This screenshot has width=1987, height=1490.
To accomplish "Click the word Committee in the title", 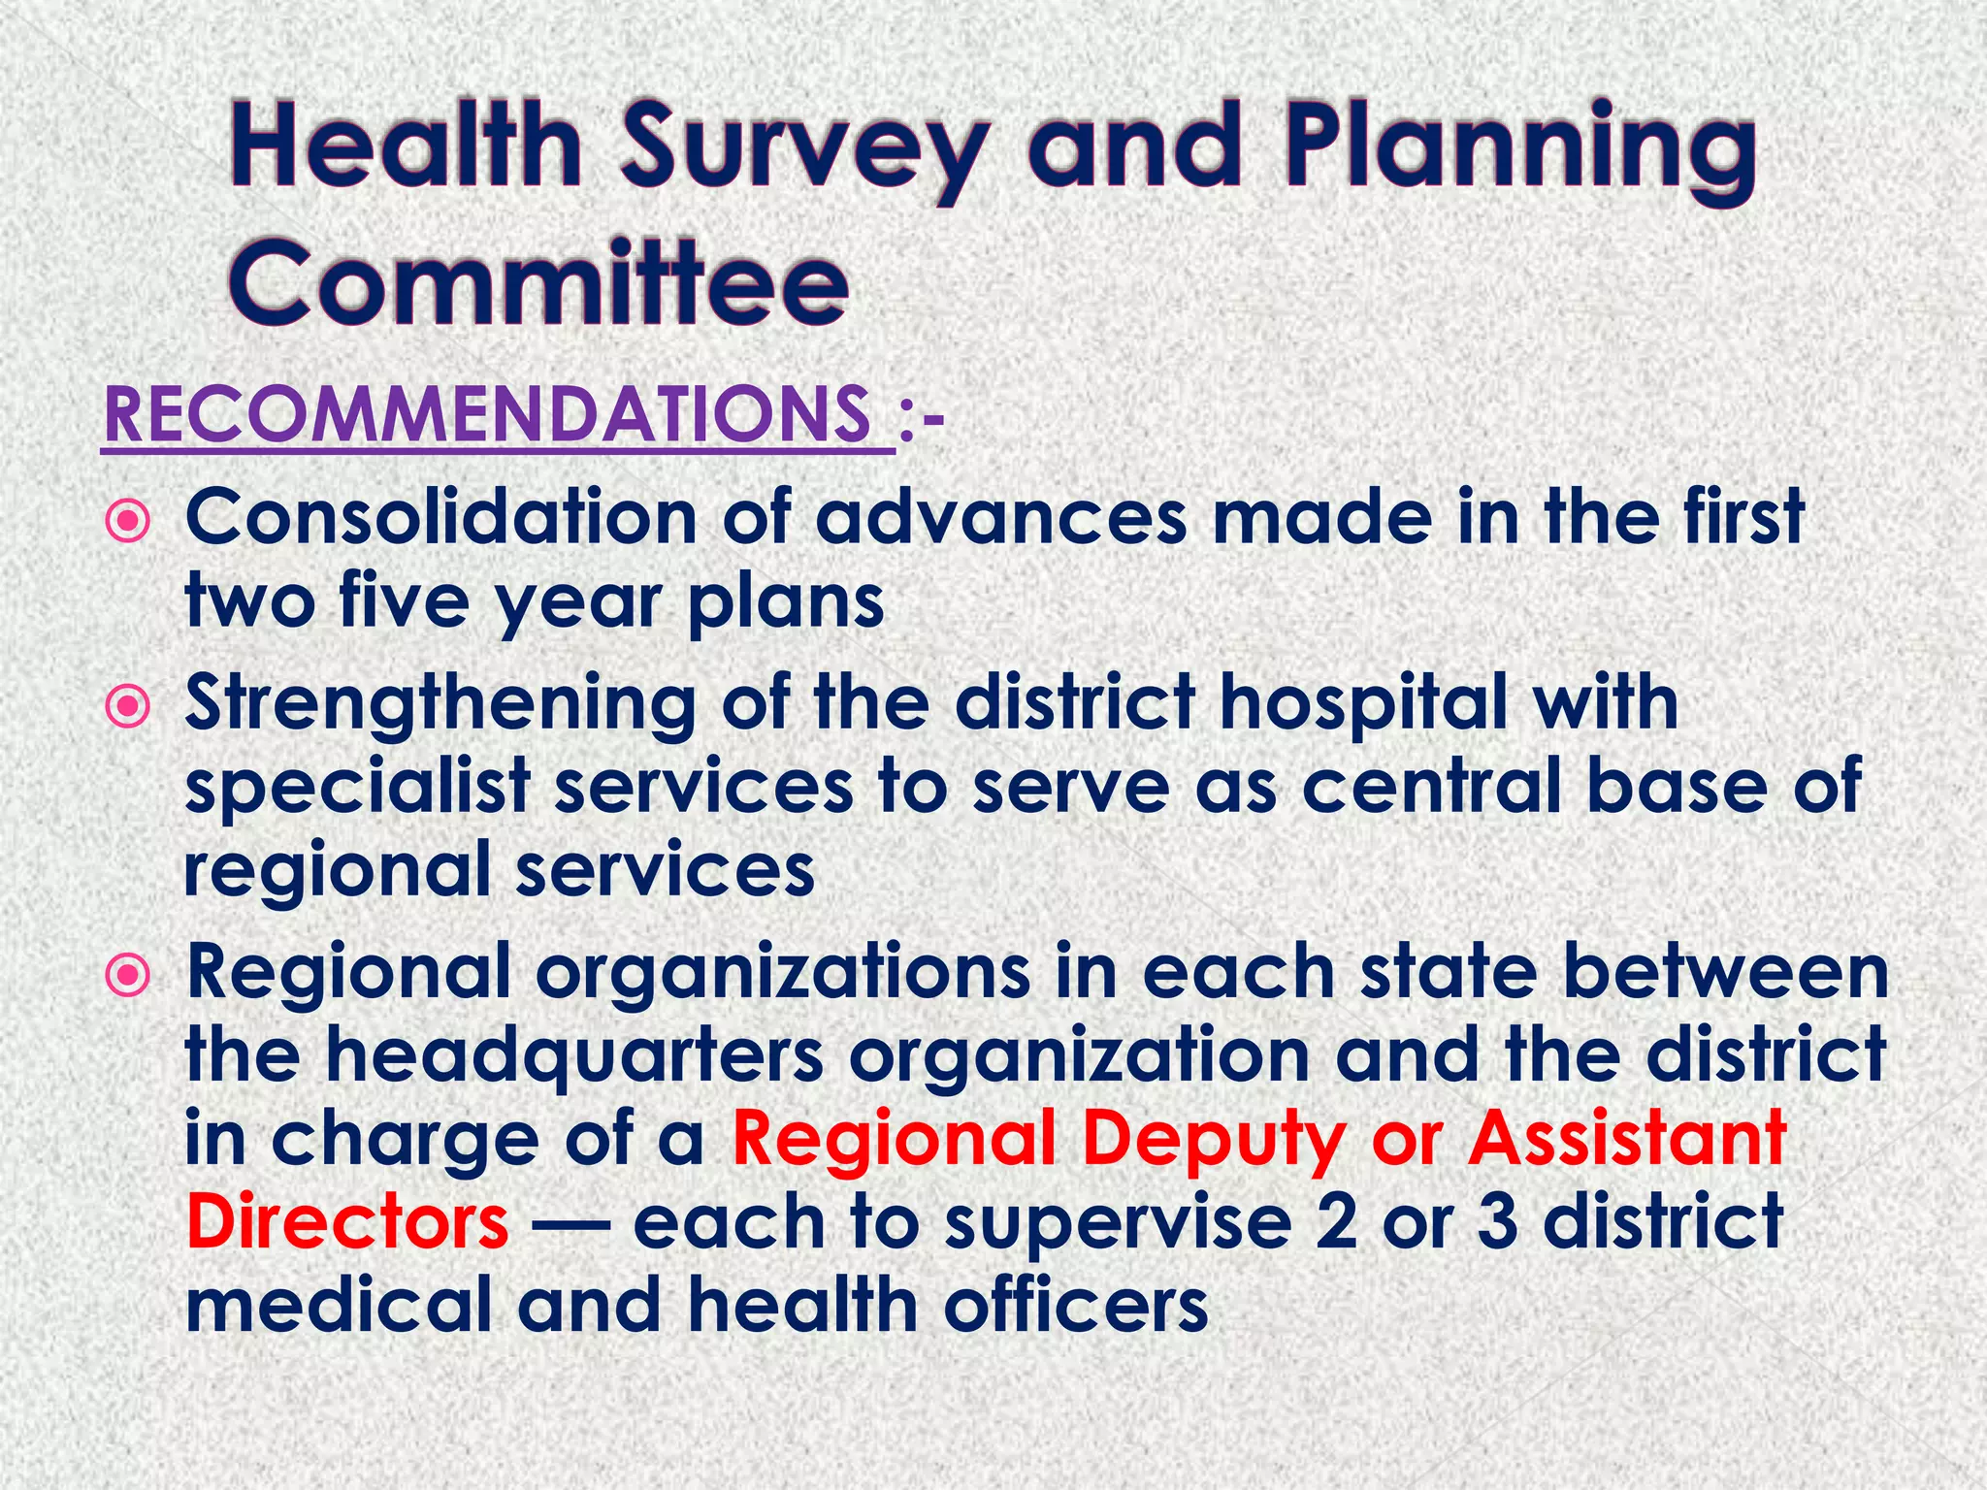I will tap(539, 284).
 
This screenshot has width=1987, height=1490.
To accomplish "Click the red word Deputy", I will tap(1214, 1139).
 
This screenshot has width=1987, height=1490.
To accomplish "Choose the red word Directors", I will tap(347, 1221).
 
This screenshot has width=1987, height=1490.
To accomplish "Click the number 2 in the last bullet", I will tap(1336, 1221).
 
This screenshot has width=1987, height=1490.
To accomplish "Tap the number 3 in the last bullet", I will tap(1498, 1221).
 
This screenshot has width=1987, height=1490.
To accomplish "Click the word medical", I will tap(340, 1305).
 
